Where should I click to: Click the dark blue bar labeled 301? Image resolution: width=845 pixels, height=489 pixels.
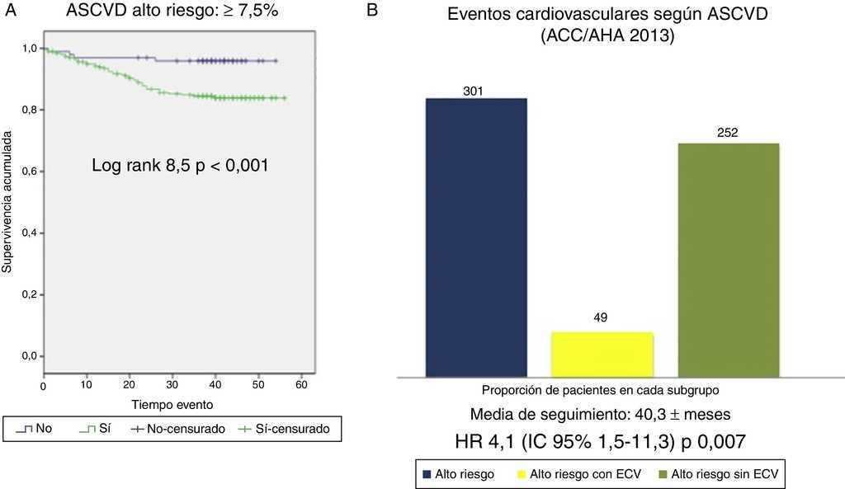pos(476,237)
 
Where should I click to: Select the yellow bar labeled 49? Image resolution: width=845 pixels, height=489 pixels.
pos(602,354)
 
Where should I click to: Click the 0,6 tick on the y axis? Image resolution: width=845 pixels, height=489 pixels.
pos(28,172)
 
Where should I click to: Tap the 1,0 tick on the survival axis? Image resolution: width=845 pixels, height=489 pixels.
pos(28,49)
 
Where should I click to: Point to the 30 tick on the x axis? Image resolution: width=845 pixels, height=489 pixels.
pos(172,385)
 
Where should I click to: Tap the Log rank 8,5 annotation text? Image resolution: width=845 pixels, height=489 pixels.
pos(180,166)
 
